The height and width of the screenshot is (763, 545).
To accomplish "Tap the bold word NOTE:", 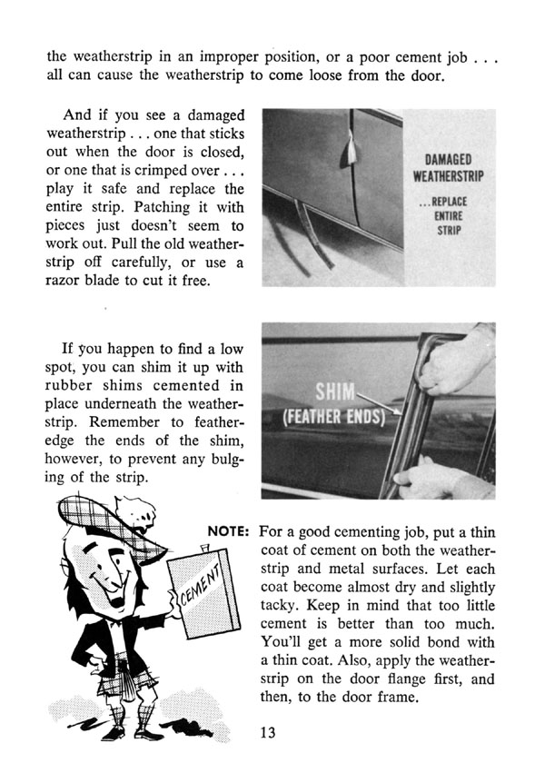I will coord(230,530).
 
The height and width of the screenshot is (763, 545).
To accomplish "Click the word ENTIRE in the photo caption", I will coord(451,214).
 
